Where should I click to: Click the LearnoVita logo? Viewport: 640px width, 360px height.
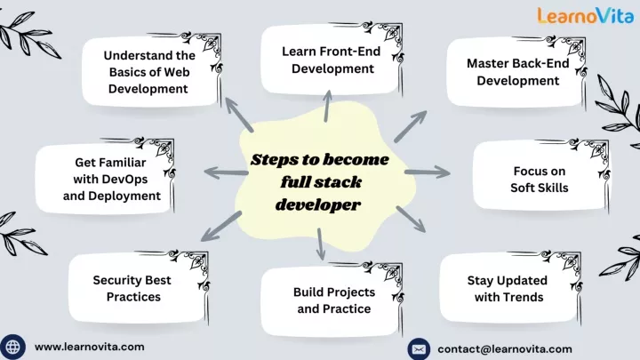[585, 15]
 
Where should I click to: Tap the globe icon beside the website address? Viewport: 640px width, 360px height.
[12, 347]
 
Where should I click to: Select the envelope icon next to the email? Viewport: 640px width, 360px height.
[419, 349]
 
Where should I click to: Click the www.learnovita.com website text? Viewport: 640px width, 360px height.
[90, 347]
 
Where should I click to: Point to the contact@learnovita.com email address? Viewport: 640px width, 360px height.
[505, 349]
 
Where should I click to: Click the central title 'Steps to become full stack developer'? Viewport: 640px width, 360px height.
[319, 182]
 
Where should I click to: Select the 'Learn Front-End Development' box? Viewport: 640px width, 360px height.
[331, 60]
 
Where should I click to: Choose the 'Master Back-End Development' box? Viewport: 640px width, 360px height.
[516, 72]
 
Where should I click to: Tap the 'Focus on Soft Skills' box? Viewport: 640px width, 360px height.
[540, 175]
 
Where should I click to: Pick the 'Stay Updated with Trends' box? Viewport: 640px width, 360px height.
[509, 288]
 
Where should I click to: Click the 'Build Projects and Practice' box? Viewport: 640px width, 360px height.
[332, 300]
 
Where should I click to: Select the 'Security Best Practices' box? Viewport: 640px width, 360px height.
[138, 287]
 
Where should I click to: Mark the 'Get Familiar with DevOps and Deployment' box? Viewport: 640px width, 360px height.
[105, 178]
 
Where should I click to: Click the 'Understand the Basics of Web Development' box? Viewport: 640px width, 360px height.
[151, 71]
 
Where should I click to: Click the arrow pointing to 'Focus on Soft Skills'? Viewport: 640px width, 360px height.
[428, 172]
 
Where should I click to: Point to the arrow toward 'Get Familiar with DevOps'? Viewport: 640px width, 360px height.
[226, 172]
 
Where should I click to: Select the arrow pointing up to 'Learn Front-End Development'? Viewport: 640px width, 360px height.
[327, 106]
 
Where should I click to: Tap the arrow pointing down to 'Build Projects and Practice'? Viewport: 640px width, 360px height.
[320, 244]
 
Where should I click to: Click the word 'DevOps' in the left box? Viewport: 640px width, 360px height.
[125, 180]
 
